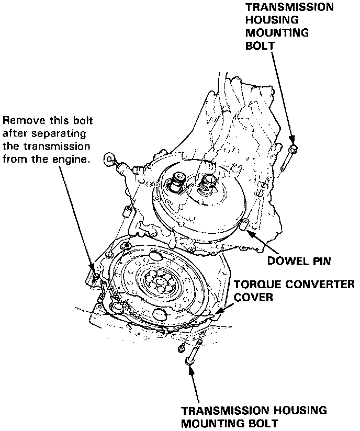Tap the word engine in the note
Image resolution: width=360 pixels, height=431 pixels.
(x=72, y=158)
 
